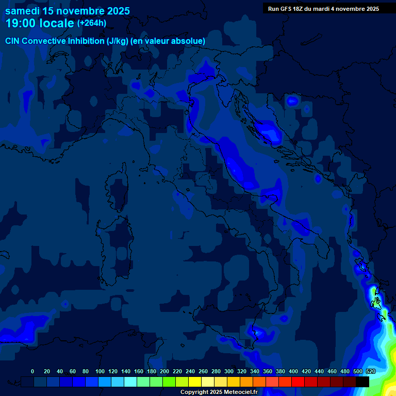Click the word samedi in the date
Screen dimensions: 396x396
(24, 11)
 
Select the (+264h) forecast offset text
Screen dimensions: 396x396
(92, 23)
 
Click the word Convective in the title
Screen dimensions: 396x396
(42, 41)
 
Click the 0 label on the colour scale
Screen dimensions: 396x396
(32, 371)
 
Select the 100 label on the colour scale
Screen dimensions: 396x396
(100, 371)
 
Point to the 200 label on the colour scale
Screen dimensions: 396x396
(164, 371)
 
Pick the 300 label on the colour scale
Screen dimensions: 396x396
(229, 371)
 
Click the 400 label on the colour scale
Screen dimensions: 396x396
(293, 371)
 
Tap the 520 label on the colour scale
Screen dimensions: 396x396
(370, 371)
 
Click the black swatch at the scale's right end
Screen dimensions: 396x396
(362, 382)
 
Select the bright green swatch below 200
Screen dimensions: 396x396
(169, 382)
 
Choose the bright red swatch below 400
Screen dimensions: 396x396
(298, 382)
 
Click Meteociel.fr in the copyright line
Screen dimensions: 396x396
(240, 392)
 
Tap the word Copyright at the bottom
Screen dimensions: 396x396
(194, 392)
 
